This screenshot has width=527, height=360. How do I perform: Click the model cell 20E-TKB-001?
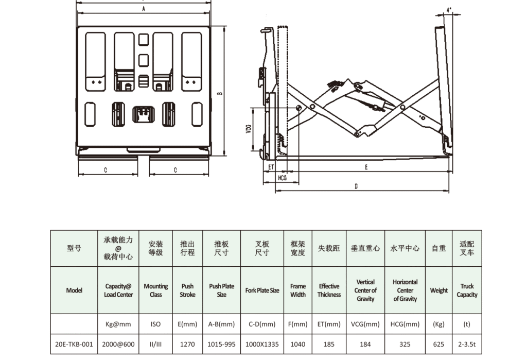click(x=74, y=344)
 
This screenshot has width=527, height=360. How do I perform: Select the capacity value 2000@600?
click(x=118, y=344)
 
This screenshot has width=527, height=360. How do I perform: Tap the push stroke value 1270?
click(x=187, y=344)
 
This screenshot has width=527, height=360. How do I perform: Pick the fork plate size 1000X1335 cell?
click(x=262, y=344)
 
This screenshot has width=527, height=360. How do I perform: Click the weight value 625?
click(x=438, y=344)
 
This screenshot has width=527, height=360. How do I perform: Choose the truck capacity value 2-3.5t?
click(x=467, y=344)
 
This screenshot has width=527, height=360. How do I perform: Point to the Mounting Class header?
click(x=155, y=290)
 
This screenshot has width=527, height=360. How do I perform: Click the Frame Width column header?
click(x=297, y=290)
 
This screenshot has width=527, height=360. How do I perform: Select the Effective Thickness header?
click(x=329, y=290)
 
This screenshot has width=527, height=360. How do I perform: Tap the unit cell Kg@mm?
click(x=118, y=324)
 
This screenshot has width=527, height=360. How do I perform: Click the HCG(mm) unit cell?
click(x=405, y=324)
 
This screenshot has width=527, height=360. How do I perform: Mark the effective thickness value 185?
click(x=329, y=344)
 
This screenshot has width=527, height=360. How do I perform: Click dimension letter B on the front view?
click(x=219, y=94)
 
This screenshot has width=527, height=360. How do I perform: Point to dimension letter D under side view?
click(x=356, y=186)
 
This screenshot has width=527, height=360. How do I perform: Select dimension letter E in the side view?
click(x=366, y=167)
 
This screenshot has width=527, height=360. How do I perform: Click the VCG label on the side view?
click(x=249, y=129)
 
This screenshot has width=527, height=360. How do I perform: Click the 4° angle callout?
click(x=449, y=10)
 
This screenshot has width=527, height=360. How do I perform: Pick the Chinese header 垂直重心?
click(x=365, y=248)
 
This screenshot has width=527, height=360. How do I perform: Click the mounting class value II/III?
click(x=155, y=344)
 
